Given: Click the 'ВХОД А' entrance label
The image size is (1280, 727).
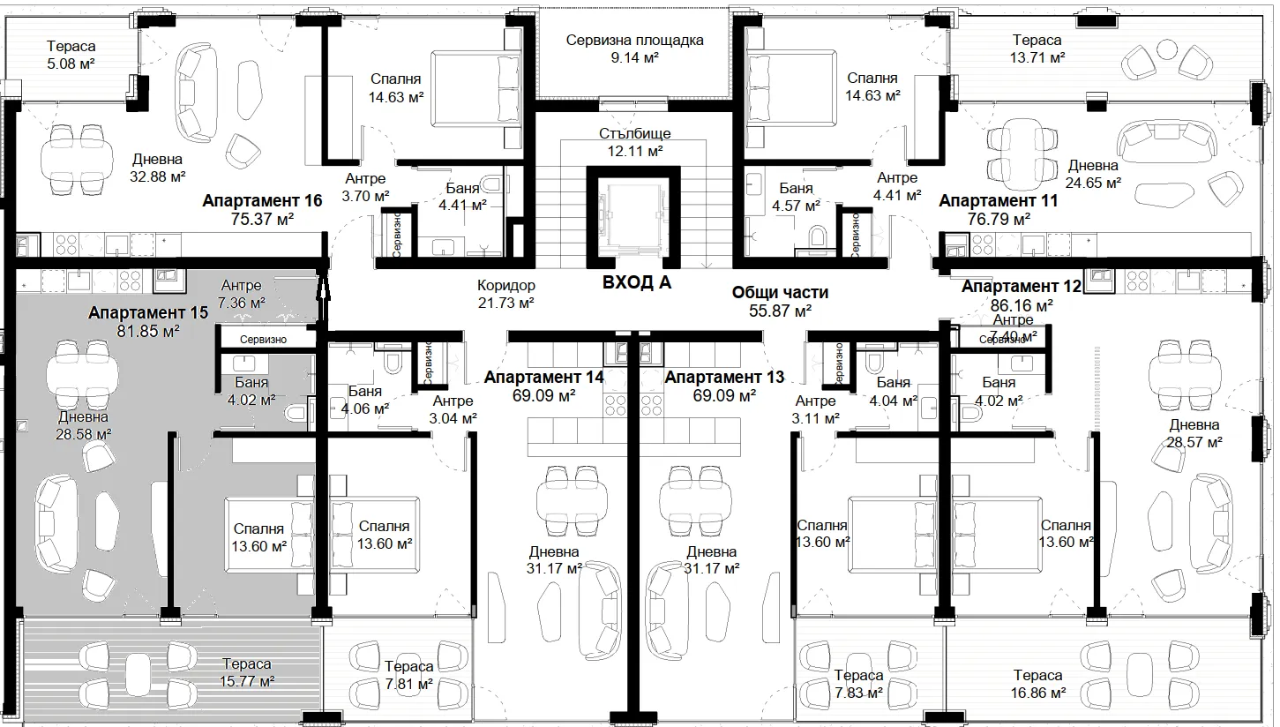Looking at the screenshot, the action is (x=637, y=282).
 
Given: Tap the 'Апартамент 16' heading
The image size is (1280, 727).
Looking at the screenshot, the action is (x=262, y=200).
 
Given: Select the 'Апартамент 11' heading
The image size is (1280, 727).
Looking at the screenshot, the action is (x=999, y=200).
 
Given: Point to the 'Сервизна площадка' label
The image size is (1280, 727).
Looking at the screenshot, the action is (x=634, y=40).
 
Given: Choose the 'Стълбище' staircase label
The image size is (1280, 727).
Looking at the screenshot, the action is (x=635, y=133).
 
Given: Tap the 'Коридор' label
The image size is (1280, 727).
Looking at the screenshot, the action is (x=506, y=285).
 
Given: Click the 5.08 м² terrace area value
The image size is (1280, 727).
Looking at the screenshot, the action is (x=71, y=64).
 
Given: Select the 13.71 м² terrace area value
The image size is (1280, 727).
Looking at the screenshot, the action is (x=1037, y=57).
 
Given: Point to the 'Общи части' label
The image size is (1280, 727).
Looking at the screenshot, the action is (x=780, y=292).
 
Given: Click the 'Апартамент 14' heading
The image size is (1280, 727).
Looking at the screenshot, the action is (x=543, y=378).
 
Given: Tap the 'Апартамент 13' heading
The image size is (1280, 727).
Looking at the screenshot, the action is (x=724, y=378).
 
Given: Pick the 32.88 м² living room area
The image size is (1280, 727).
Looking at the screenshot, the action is (x=158, y=176).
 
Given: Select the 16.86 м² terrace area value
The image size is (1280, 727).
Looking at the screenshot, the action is (x=1037, y=693).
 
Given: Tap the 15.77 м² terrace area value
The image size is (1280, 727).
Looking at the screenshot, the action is (x=247, y=681).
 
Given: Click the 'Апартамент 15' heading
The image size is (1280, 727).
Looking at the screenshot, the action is (x=148, y=312).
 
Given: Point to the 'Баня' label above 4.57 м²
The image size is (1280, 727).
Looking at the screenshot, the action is (x=796, y=188).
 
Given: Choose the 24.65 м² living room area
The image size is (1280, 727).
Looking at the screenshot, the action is (x=1093, y=183).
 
